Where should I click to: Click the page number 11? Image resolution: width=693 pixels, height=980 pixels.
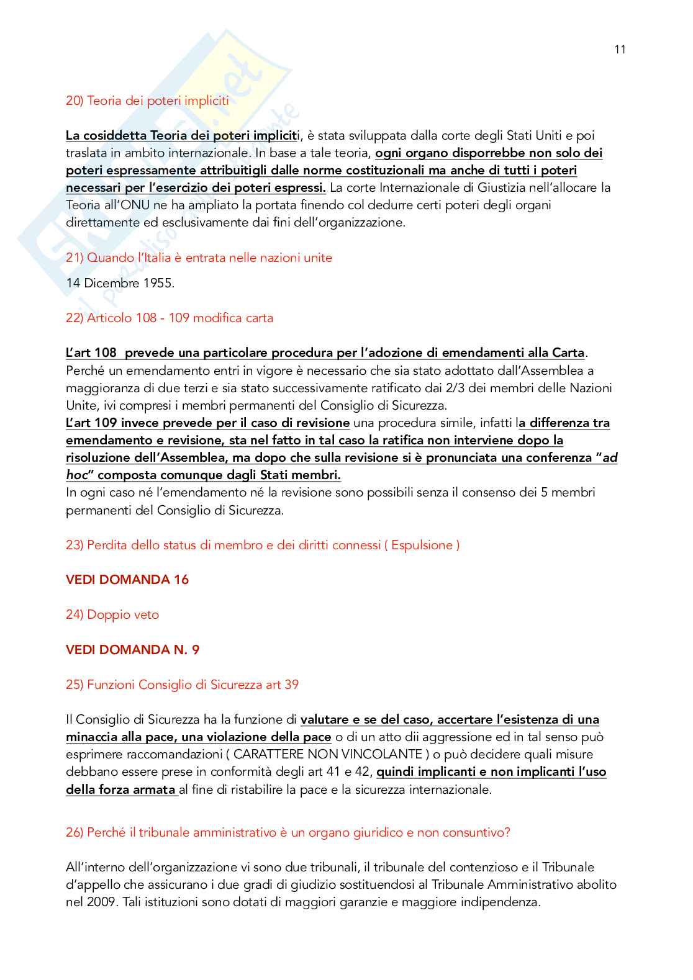coord(620,50)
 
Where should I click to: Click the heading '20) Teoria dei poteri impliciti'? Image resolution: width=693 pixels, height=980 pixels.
coord(147,101)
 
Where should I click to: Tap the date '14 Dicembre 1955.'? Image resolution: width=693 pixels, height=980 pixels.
coord(120,284)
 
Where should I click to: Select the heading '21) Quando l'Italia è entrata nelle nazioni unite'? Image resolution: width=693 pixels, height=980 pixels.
coord(199,258)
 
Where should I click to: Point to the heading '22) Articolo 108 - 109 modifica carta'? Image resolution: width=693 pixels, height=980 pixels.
coord(170,318)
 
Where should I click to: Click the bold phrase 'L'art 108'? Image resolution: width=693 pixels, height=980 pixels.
coord(91,353)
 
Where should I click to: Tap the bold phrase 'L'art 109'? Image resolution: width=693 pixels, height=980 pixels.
coord(91,423)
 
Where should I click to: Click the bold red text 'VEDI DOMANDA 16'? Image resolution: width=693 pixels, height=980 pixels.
coord(127,580)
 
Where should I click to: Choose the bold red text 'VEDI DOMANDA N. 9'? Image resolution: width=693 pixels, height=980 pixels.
coord(133,650)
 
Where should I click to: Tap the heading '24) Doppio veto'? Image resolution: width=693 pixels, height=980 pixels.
coord(112,615)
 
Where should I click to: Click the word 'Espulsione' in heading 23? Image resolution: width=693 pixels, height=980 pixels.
coord(422,546)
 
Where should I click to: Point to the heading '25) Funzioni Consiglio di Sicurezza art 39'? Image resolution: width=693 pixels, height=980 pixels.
coord(182,685)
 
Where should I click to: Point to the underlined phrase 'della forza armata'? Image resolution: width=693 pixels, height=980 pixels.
coord(120,790)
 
